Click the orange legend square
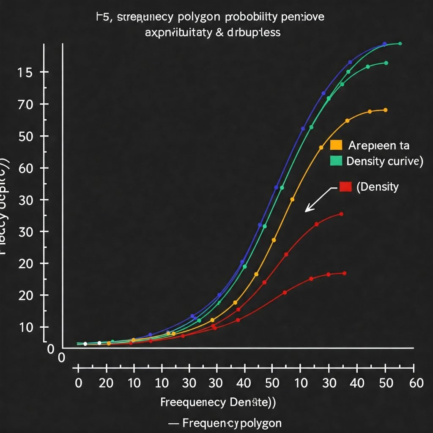coord(336,145)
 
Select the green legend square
coord(336,160)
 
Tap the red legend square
coord(345,186)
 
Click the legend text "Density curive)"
coord(384,161)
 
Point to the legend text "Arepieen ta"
coord(379,146)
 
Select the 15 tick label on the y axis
coord(25,72)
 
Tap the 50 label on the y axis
coord(25,136)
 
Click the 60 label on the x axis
coord(417,383)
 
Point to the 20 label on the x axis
coord(106,383)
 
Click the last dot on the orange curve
coord(385,110)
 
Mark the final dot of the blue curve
coord(384,44)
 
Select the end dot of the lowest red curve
coord(344,273)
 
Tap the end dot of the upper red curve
coord(341,214)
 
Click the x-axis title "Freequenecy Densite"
coord(218,402)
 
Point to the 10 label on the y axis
coord(25,327)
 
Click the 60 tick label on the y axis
coord(25,168)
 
